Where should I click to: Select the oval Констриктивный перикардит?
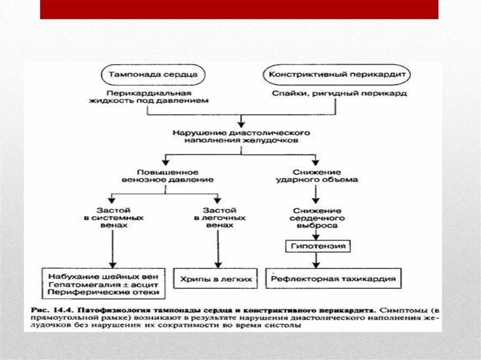click(337, 75)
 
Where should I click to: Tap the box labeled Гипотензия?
click(318, 246)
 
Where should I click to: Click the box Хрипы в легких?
click(216, 279)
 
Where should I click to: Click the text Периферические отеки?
click(104, 292)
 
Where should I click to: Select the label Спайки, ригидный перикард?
click(339, 93)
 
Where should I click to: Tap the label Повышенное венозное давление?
click(167, 176)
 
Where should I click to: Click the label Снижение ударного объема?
click(318, 176)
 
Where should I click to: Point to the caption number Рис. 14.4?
click(51, 310)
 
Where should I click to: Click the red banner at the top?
click(239, 9)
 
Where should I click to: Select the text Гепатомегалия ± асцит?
click(104, 283)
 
